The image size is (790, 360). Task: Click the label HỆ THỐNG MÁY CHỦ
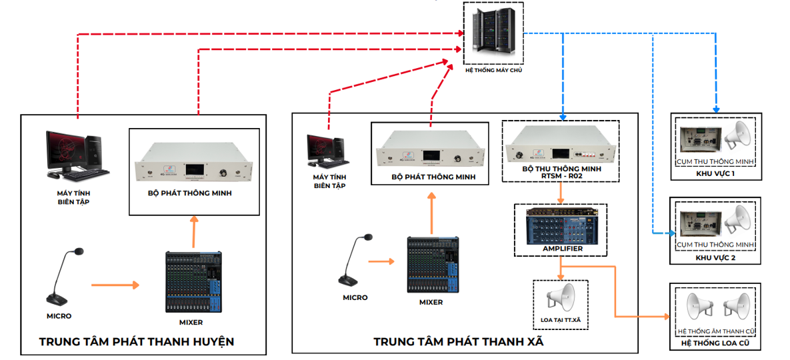click(x=493, y=69)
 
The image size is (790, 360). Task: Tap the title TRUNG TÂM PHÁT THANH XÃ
click(x=458, y=342)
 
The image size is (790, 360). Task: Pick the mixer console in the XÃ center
click(x=434, y=264)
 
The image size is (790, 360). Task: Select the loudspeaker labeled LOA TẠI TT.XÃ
click(x=561, y=298)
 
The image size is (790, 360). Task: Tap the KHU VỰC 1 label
click(x=715, y=173)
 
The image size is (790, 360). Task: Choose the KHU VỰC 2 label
click(x=715, y=257)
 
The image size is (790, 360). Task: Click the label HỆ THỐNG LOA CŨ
click(x=715, y=343)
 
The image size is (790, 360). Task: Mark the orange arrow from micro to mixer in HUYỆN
click(x=115, y=285)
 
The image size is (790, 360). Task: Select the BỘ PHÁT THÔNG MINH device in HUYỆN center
click(x=193, y=171)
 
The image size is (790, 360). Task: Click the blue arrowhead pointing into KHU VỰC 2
click(x=672, y=233)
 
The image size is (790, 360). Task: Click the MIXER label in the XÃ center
click(x=431, y=302)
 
